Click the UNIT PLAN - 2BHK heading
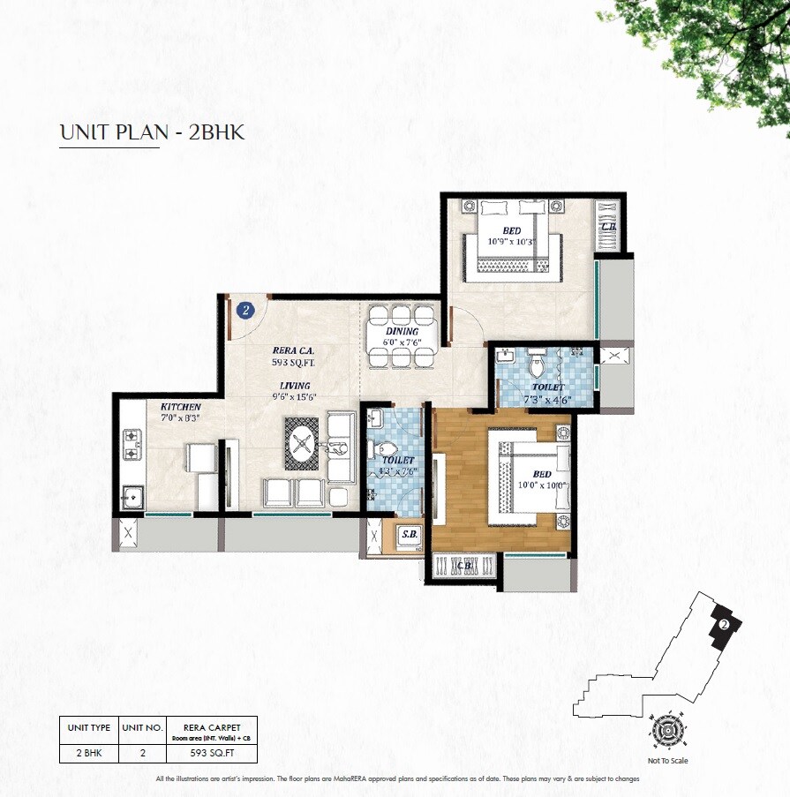152,132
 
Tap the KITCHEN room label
180,407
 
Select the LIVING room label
295,386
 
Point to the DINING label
402,332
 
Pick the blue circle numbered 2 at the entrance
246,310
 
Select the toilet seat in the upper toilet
534,364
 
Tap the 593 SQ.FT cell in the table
213,753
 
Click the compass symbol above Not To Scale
668,730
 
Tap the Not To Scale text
668,760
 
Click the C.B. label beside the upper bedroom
608,226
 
